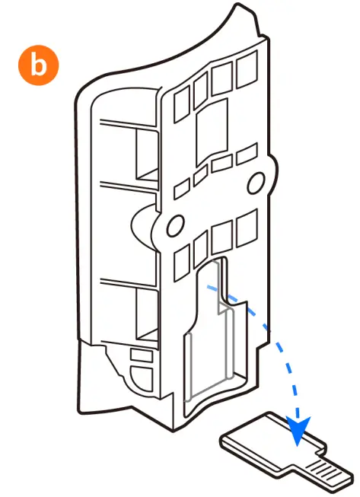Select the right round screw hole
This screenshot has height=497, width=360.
(256, 180)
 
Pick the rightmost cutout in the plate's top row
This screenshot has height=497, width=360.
(247, 71)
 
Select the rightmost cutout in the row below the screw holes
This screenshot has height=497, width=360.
(247, 228)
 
